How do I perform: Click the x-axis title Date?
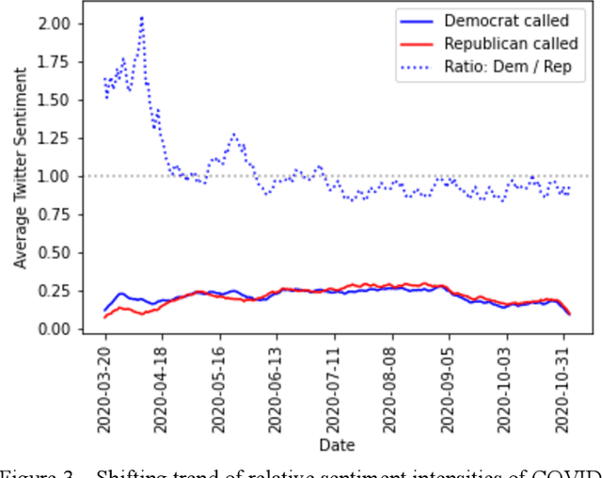coord(336,444)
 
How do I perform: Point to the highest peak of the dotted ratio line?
coord(141,17)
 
